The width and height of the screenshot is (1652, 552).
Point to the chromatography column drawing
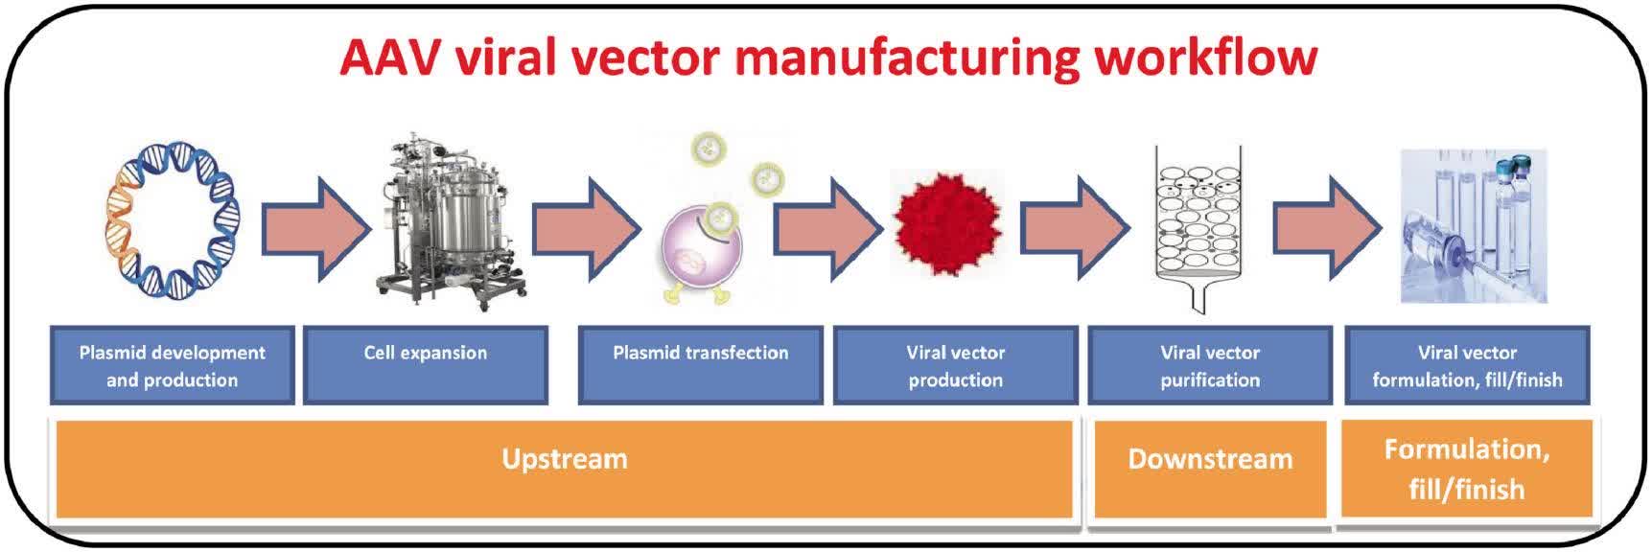point(1198,225)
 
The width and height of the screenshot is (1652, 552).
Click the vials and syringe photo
point(1474,226)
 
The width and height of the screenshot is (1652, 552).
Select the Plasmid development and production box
point(173,365)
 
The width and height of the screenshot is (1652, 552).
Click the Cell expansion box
point(426,365)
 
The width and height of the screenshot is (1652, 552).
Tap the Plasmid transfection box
point(700,365)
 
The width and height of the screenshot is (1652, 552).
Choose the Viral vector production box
point(956,365)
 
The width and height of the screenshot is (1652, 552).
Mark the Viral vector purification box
point(1210,365)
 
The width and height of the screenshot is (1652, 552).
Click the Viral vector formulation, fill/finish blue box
point(1467,365)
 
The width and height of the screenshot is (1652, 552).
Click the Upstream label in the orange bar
point(565,459)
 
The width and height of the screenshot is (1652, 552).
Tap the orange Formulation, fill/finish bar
point(1466,469)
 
